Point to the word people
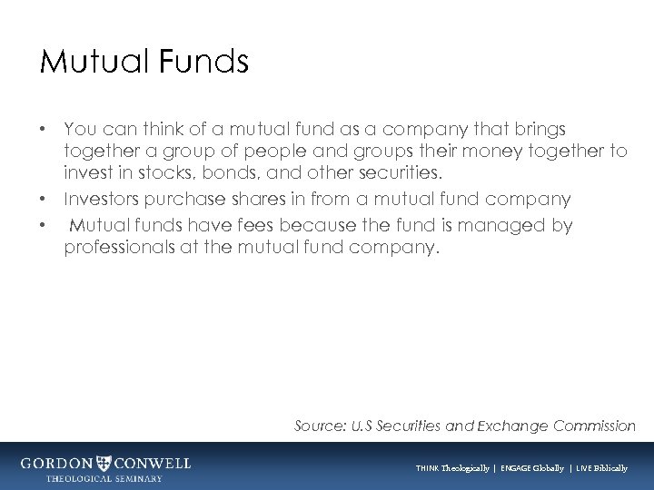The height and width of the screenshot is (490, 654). [x=267, y=152]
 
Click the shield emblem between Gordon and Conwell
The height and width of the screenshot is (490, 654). [x=105, y=463]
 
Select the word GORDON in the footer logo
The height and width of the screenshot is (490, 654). [x=58, y=463]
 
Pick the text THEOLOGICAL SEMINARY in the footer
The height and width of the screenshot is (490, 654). [x=105, y=478]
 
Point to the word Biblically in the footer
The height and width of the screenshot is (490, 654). [x=607, y=468]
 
